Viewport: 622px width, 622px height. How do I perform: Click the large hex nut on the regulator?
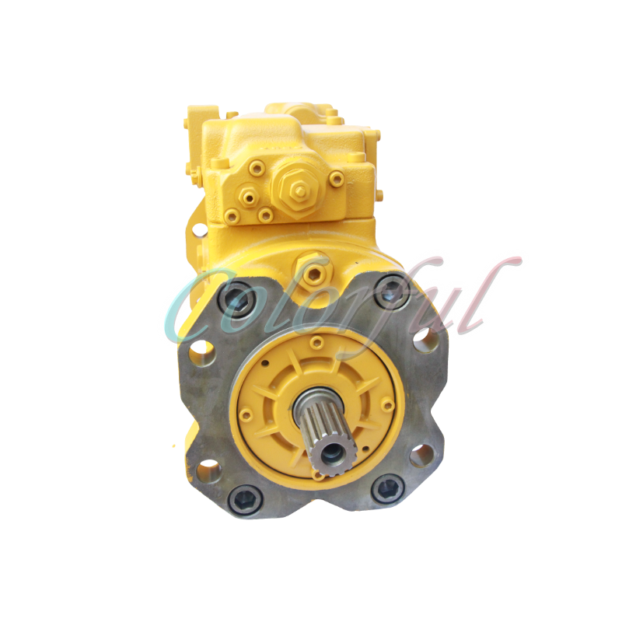coord(295,186)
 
